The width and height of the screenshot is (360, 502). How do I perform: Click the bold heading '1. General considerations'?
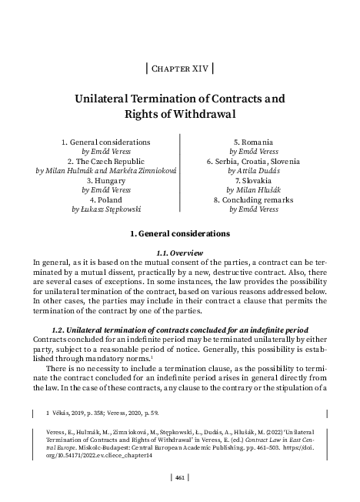pos(179,232)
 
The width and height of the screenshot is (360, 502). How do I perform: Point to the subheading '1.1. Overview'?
pos(179,252)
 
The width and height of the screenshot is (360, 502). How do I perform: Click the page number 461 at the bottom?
pos(179,478)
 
